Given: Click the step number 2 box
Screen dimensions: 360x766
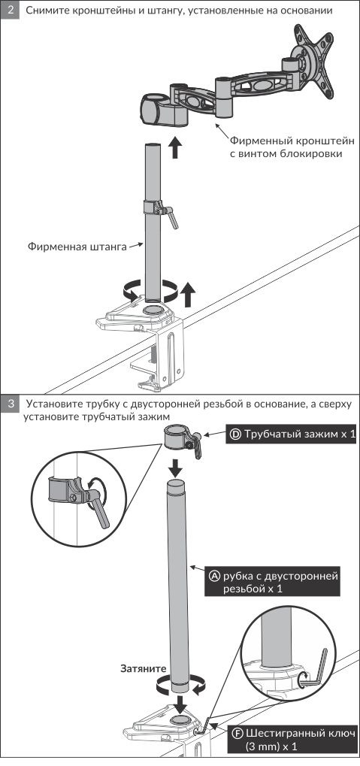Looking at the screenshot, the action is pyautogui.click(x=10, y=11).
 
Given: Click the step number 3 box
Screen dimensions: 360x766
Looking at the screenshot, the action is pyautogui.click(x=10, y=404).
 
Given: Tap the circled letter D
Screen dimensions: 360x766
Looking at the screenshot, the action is pyautogui.click(x=235, y=434).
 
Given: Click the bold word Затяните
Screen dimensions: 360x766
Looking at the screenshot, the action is pyautogui.click(x=144, y=669).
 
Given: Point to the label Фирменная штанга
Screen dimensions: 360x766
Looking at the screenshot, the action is pyautogui.click(x=77, y=247).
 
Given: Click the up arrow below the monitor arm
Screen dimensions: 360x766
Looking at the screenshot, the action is pyautogui.click(x=175, y=147).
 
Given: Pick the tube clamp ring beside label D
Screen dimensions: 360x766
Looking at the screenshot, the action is pyautogui.click(x=178, y=437).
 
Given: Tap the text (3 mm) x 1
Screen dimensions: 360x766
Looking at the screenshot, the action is pyautogui.click(x=271, y=747).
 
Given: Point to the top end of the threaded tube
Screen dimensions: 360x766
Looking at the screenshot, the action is pyautogui.click(x=177, y=483).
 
